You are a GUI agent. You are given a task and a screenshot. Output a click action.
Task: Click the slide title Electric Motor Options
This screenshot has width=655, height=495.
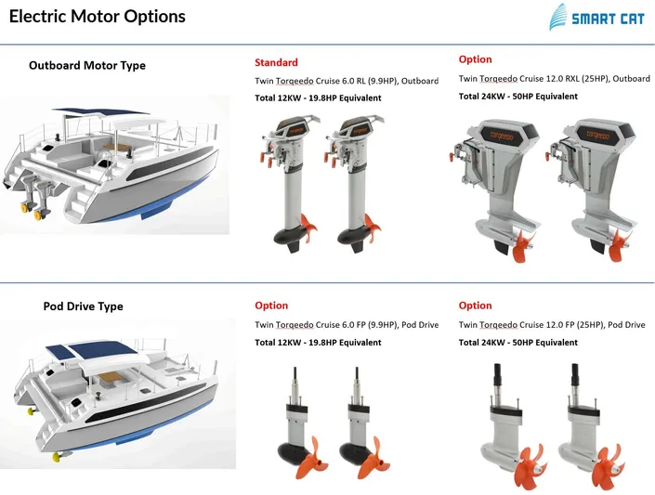98,17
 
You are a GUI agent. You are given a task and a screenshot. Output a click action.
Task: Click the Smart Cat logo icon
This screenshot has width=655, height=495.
557,18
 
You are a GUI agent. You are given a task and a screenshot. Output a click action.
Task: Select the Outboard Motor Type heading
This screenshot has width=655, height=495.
87,66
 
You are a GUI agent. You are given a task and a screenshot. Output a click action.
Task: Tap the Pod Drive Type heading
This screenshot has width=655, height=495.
83,306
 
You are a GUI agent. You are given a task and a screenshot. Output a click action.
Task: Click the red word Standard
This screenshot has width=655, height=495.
276,63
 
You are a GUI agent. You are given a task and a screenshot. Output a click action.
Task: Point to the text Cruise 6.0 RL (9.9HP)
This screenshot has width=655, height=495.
354,81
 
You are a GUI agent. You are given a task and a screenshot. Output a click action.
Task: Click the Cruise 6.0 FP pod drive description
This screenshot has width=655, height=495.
347,325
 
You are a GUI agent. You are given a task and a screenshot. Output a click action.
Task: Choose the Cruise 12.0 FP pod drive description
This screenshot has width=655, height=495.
552,325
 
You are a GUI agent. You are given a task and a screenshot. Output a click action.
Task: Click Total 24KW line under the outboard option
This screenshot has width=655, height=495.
517,97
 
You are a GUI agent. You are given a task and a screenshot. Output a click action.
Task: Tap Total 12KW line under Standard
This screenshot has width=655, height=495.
318,98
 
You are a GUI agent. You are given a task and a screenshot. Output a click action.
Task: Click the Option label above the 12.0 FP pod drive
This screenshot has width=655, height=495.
475,306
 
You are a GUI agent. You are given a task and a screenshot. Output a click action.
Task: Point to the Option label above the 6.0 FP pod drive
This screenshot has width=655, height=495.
271,306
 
